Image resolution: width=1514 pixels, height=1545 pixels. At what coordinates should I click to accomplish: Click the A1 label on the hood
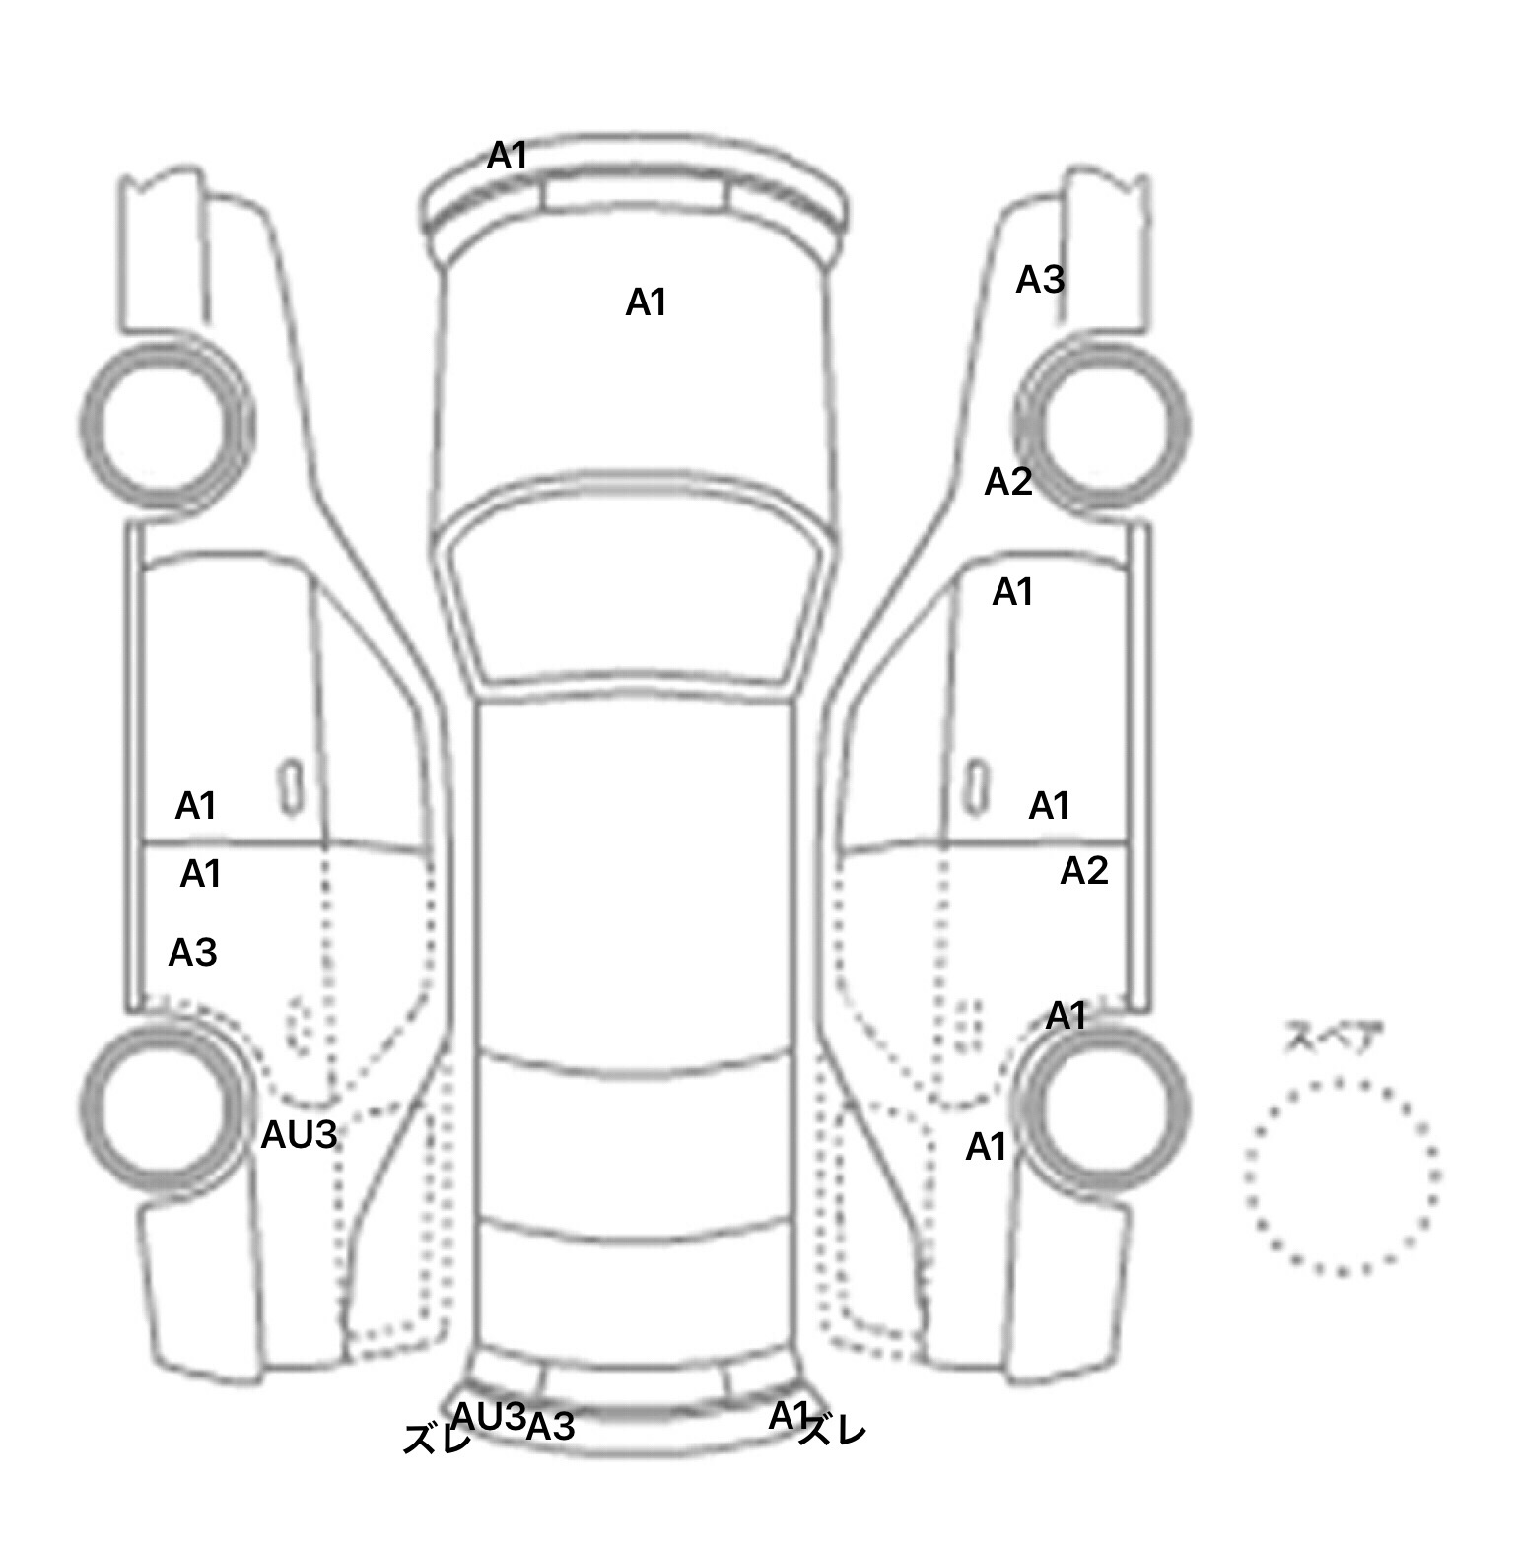click(x=647, y=302)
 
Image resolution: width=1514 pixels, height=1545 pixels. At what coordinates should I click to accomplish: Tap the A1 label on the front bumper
click(x=508, y=156)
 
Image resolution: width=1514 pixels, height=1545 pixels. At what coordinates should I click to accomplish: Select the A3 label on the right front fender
click(x=1040, y=280)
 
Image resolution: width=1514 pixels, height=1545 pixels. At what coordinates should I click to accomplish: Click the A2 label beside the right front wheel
click(x=1008, y=482)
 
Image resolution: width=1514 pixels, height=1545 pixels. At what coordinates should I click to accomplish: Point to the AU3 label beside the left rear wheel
click(x=299, y=1136)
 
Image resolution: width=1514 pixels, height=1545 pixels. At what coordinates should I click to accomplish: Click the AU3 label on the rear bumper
click(x=489, y=1416)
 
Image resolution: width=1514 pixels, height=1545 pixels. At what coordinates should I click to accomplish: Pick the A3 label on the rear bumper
click(x=550, y=1426)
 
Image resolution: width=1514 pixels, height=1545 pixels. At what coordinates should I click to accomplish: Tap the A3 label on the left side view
click(x=192, y=953)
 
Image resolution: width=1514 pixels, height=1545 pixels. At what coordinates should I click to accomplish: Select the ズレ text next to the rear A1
click(x=832, y=1432)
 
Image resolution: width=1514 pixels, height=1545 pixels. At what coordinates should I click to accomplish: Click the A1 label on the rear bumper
click(x=789, y=1416)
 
